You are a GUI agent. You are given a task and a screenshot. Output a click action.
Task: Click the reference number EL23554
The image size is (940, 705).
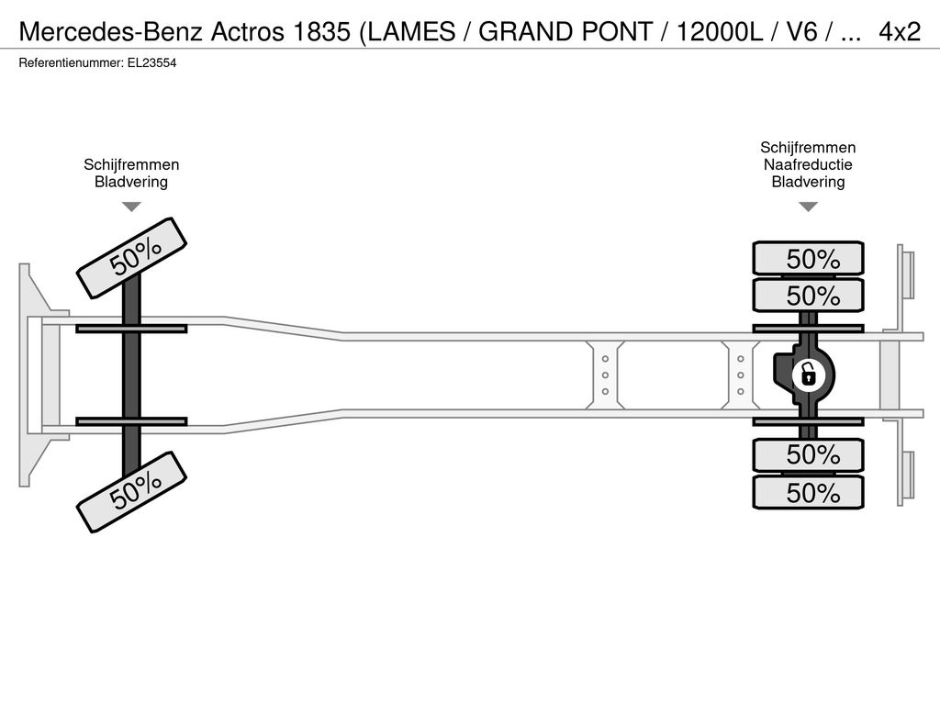(151, 63)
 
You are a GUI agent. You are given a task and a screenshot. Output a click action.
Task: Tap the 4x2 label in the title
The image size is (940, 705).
(900, 31)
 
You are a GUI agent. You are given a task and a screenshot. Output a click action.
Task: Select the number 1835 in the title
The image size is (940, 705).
(321, 31)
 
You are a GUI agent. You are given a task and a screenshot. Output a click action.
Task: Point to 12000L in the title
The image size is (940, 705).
(720, 31)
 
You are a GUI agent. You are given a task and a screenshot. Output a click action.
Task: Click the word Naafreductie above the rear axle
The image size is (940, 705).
(808, 165)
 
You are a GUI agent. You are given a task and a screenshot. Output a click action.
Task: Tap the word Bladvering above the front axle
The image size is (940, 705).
(131, 182)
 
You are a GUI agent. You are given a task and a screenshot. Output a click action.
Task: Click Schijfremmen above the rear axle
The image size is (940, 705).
(808, 148)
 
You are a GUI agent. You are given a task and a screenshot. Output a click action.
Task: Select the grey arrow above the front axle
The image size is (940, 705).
(131, 207)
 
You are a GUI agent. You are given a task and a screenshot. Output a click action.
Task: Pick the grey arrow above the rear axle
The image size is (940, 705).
(808, 207)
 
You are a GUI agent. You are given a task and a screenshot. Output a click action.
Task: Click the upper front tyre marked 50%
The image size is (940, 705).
(132, 258)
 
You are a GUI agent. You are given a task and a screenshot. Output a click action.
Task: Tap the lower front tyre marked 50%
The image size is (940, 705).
(132, 492)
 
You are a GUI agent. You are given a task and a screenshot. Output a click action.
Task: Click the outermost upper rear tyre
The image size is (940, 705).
(808, 258)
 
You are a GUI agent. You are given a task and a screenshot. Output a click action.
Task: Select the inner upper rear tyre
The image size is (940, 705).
(808, 295)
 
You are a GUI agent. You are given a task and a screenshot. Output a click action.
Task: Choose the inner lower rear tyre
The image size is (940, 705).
(808, 455)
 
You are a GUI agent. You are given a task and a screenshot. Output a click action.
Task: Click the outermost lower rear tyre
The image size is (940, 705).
(808, 493)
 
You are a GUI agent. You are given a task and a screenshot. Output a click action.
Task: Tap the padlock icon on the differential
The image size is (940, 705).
(808, 375)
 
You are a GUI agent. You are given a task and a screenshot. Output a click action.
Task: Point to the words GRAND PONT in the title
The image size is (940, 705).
(565, 31)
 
